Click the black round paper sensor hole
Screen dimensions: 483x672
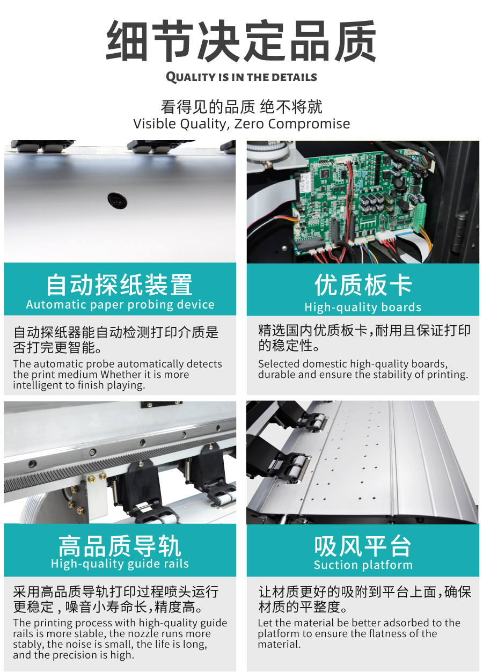[118, 200]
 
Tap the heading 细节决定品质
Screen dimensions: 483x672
[241, 41]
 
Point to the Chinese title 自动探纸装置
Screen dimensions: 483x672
[119, 284]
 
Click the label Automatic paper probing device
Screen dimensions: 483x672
[120, 305]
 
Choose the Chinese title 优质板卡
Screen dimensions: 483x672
[363, 284]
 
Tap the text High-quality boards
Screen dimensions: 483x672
[363, 307]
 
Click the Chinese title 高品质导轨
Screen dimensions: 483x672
[119, 546]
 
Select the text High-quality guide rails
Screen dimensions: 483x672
[120, 564]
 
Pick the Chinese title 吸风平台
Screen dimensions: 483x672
[362, 546]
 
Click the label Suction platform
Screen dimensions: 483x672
[363, 565]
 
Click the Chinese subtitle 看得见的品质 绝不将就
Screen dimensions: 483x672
[241, 107]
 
